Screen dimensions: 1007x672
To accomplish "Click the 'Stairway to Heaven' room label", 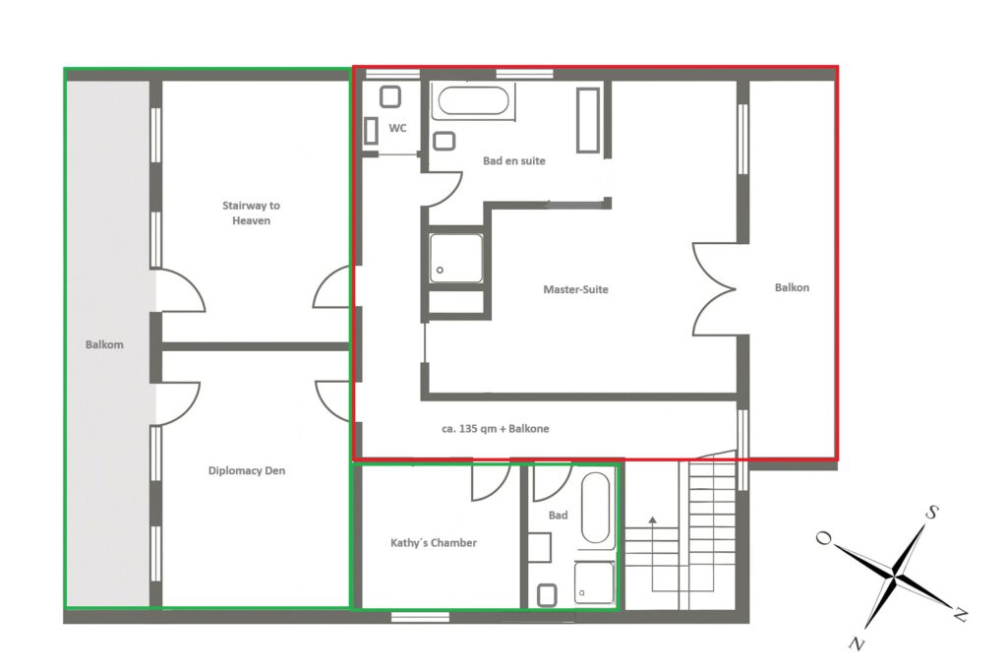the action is point(251,213).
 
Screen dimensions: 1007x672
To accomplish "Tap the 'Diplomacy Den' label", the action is point(247,470).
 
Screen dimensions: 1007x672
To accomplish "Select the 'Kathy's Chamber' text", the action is point(434,542).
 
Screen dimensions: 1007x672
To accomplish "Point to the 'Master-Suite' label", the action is point(575,289).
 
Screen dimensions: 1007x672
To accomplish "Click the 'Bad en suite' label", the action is point(513,160).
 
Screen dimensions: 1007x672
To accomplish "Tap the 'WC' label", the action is point(397,128).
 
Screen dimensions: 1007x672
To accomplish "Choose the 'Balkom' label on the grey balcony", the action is point(104,344).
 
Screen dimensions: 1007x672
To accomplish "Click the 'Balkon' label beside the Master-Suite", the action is point(792,287).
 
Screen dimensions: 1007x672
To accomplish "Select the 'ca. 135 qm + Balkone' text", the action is point(496,429).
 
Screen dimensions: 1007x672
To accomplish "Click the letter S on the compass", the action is point(932,512).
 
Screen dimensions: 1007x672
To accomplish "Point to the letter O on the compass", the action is point(823,537).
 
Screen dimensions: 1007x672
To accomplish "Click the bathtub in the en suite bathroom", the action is point(473,101).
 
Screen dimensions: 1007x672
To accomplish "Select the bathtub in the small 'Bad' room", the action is point(595,508).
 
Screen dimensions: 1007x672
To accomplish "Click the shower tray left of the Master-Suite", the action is point(456,258).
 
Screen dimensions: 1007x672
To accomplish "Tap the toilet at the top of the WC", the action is point(390,97).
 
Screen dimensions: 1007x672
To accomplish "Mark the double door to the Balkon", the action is point(715,289).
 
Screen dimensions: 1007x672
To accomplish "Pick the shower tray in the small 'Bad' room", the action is point(594,582).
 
